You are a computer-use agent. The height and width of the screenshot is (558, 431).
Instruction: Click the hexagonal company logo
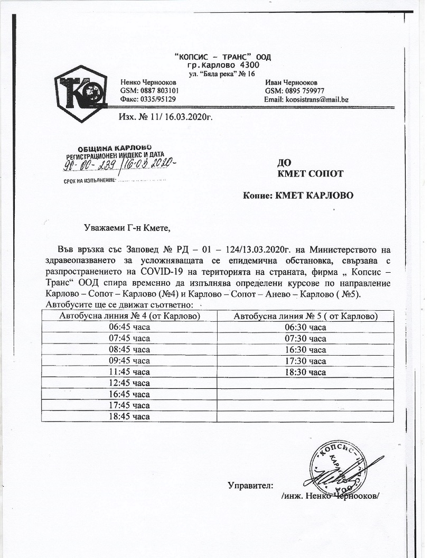(80, 94)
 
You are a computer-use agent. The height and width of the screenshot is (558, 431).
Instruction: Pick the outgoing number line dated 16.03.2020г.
(166, 116)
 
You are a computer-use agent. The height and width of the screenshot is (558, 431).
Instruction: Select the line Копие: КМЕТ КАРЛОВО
(298, 196)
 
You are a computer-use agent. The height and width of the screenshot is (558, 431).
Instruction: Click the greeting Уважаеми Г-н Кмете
(128, 228)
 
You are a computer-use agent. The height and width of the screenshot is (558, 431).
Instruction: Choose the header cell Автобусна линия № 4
(129, 316)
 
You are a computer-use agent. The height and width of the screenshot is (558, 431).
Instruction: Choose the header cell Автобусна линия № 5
(305, 316)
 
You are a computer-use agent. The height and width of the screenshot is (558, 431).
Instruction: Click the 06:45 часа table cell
(129, 328)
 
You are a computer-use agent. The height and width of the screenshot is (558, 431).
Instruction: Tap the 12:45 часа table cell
(129, 383)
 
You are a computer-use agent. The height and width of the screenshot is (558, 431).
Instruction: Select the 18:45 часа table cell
(129, 416)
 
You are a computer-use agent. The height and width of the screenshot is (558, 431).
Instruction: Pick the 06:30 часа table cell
(305, 328)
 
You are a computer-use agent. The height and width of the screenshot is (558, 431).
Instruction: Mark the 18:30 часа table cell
(305, 372)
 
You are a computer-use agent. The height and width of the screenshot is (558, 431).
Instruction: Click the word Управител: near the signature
(250, 485)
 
